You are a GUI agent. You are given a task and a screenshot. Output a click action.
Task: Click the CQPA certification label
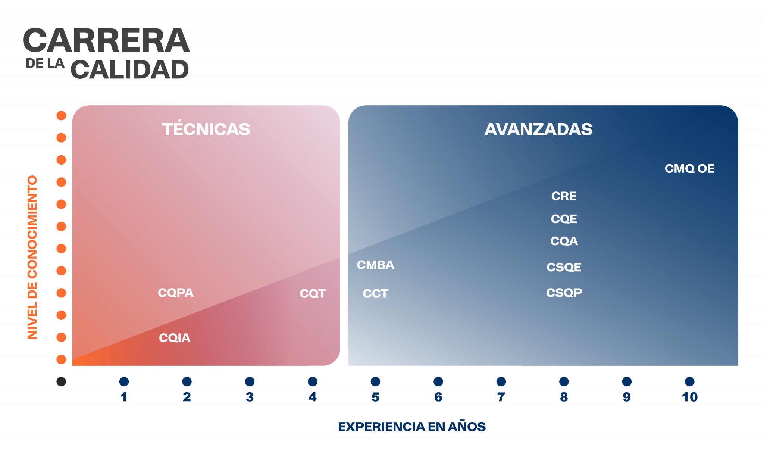(176, 293)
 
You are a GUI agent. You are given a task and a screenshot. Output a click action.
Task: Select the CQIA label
(175, 338)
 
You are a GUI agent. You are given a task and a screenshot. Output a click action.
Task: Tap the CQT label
(313, 294)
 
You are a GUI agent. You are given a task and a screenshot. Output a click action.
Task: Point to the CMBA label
(375, 265)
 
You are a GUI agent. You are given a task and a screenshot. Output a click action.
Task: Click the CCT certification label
(375, 294)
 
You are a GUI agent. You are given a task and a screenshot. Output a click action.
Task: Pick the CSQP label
(564, 293)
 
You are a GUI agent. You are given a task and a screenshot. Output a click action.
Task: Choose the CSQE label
(564, 267)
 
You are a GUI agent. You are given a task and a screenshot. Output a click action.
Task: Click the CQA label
(564, 241)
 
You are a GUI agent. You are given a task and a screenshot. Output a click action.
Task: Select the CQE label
(564, 219)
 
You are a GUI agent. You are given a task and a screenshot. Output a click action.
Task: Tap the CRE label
(564, 196)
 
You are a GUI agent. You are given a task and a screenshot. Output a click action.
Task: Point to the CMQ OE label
(689, 169)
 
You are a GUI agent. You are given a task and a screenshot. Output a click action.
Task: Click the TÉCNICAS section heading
(206, 130)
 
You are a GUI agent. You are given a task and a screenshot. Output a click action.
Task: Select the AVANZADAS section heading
(538, 130)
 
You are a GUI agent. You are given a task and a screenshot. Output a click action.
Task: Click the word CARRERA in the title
(106, 40)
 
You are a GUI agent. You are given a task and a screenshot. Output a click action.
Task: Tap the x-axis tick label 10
(689, 397)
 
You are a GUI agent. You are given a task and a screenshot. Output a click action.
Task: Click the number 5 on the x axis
(375, 397)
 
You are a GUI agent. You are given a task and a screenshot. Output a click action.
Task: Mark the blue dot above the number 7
(501, 381)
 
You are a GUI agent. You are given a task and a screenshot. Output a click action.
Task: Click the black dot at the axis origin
(61, 381)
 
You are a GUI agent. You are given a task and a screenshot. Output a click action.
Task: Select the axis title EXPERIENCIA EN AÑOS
(411, 427)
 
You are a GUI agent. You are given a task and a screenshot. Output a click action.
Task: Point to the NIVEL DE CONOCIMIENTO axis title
(32, 257)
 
